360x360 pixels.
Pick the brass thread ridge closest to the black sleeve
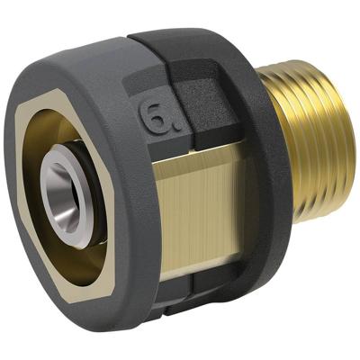point(288,135)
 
